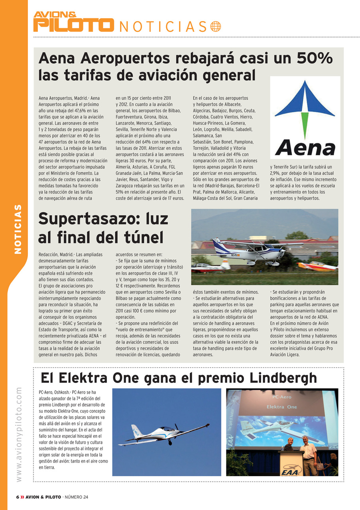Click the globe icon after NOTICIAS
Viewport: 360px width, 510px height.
(x=215, y=26)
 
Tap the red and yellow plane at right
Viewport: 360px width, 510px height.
(x=317, y=266)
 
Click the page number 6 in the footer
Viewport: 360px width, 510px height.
(x=17, y=497)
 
